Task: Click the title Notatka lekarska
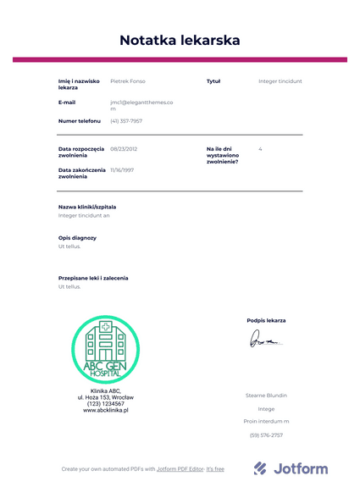[x=180, y=40]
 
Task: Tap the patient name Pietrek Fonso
[x=128, y=81]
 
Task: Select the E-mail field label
[x=67, y=102]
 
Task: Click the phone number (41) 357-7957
[x=126, y=121]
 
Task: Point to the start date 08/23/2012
[x=124, y=149]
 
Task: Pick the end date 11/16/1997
[x=122, y=169]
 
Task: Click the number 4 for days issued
[x=260, y=149]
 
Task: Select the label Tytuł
[x=213, y=81]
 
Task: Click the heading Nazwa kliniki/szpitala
[x=87, y=207]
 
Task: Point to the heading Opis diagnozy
[x=77, y=238]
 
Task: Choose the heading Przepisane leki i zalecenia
[x=93, y=278]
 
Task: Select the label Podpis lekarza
[x=266, y=320]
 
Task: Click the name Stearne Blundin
[x=266, y=396]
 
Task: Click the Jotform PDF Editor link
[x=180, y=469]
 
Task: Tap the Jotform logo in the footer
[x=291, y=468]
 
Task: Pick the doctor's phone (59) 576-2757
[x=266, y=435]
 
